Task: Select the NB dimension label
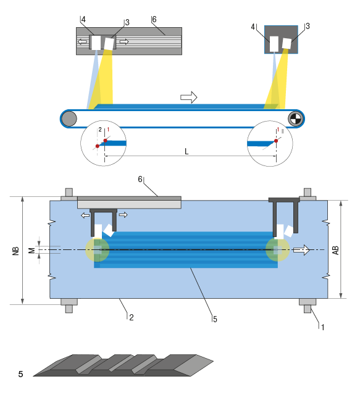tap(15, 251)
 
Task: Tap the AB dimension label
tap(336, 250)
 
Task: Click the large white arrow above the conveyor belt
tap(188, 97)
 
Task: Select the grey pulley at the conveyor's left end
tap(69, 118)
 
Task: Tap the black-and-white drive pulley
tap(295, 118)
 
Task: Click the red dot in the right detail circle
tap(276, 141)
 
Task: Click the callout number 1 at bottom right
tap(321, 327)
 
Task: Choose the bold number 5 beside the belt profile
tap(20, 373)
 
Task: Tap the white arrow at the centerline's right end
tap(301, 250)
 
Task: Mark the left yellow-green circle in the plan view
tap(97, 250)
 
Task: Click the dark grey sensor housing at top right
tap(281, 38)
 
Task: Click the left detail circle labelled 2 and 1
tap(104, 143)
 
